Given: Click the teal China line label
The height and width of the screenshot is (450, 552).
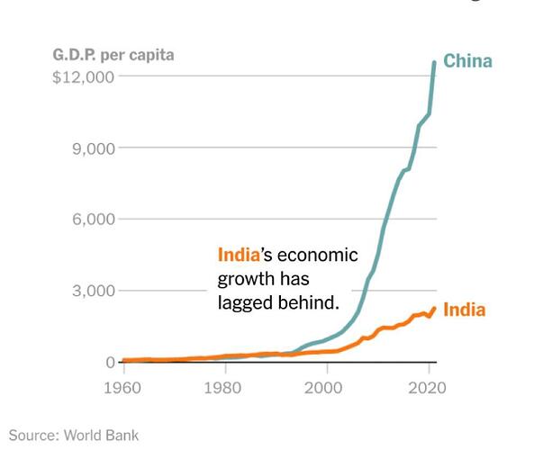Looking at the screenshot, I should pyautogui.click(x=467, y=61).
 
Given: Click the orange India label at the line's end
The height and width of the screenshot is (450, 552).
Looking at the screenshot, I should pyautogui.click(x=465, y=310).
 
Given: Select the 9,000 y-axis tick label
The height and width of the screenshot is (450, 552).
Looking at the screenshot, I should pyautogui.click(x=93, y=148).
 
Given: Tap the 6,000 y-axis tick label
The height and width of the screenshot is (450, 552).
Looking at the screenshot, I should pyautogui.click(x=93, y=220).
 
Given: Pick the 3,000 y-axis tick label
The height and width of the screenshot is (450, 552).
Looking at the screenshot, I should pyautogui.click(x=93, y=291).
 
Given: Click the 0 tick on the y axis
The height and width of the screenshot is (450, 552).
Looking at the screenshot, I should pyautogui.click(x=110, y=362).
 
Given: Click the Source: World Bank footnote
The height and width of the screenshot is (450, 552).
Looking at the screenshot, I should pyautogui.click(x=75, y=436).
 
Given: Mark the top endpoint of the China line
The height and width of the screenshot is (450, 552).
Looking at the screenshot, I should pyautogui.click(x=434, y=61).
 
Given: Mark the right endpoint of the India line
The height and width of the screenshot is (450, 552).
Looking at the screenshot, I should pyautogui.click(x=434, y=308).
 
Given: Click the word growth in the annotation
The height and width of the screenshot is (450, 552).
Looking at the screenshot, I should pyautogui.click(x=244, y=279).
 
